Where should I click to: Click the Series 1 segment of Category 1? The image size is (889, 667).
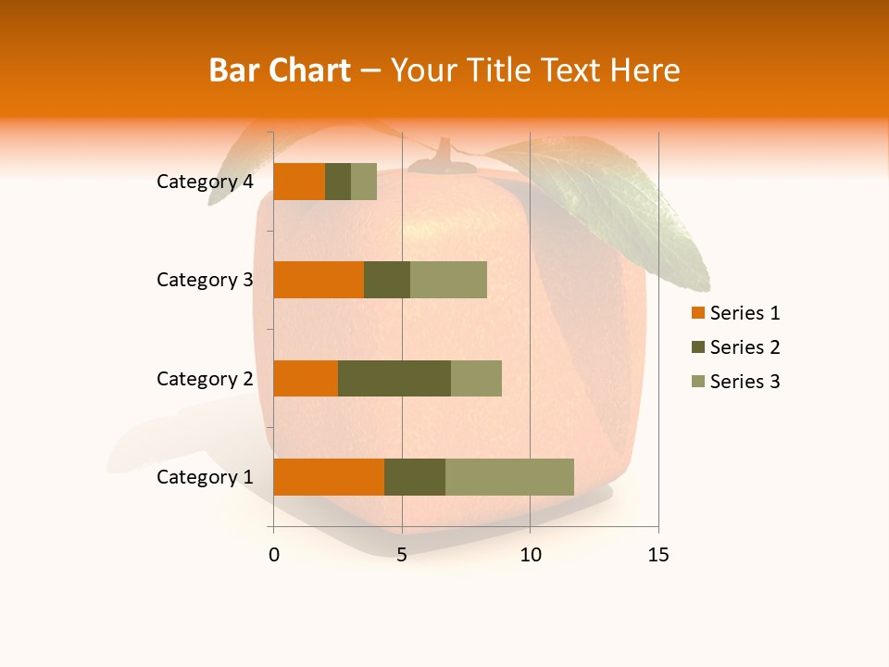[x=329, y=477]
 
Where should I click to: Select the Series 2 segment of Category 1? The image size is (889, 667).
[x=415, y=477]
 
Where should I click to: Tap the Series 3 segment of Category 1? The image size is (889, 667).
[x=509, y=477]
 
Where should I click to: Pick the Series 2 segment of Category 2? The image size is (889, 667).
[x=394, y=378]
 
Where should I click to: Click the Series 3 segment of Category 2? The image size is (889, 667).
[x=476, y=378]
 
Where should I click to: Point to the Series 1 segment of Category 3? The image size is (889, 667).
[x=319, y=280]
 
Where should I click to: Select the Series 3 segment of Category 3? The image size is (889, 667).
[x=448, y=280]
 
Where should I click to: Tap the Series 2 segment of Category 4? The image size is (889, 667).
[x=338, y=182]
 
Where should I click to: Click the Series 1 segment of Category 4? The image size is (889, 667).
[x=299, y=182]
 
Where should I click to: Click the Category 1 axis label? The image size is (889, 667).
[x=205, y=477]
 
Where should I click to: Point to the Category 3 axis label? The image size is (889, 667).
[x=205, y=280]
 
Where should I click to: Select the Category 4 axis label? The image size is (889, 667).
[x=205, y=182]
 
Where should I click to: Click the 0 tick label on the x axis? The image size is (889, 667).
[x=274, y=555]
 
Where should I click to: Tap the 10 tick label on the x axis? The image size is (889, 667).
[x=530, y=555]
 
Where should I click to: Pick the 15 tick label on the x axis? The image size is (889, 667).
[x=657, y=555]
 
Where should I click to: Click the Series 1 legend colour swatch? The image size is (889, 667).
[x=697, y=313]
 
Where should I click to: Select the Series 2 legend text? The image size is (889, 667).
[x=745, y=347]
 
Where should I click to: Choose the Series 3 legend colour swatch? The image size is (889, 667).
[x=697, y=382]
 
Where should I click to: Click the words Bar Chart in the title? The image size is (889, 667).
[x=280, y=70]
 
